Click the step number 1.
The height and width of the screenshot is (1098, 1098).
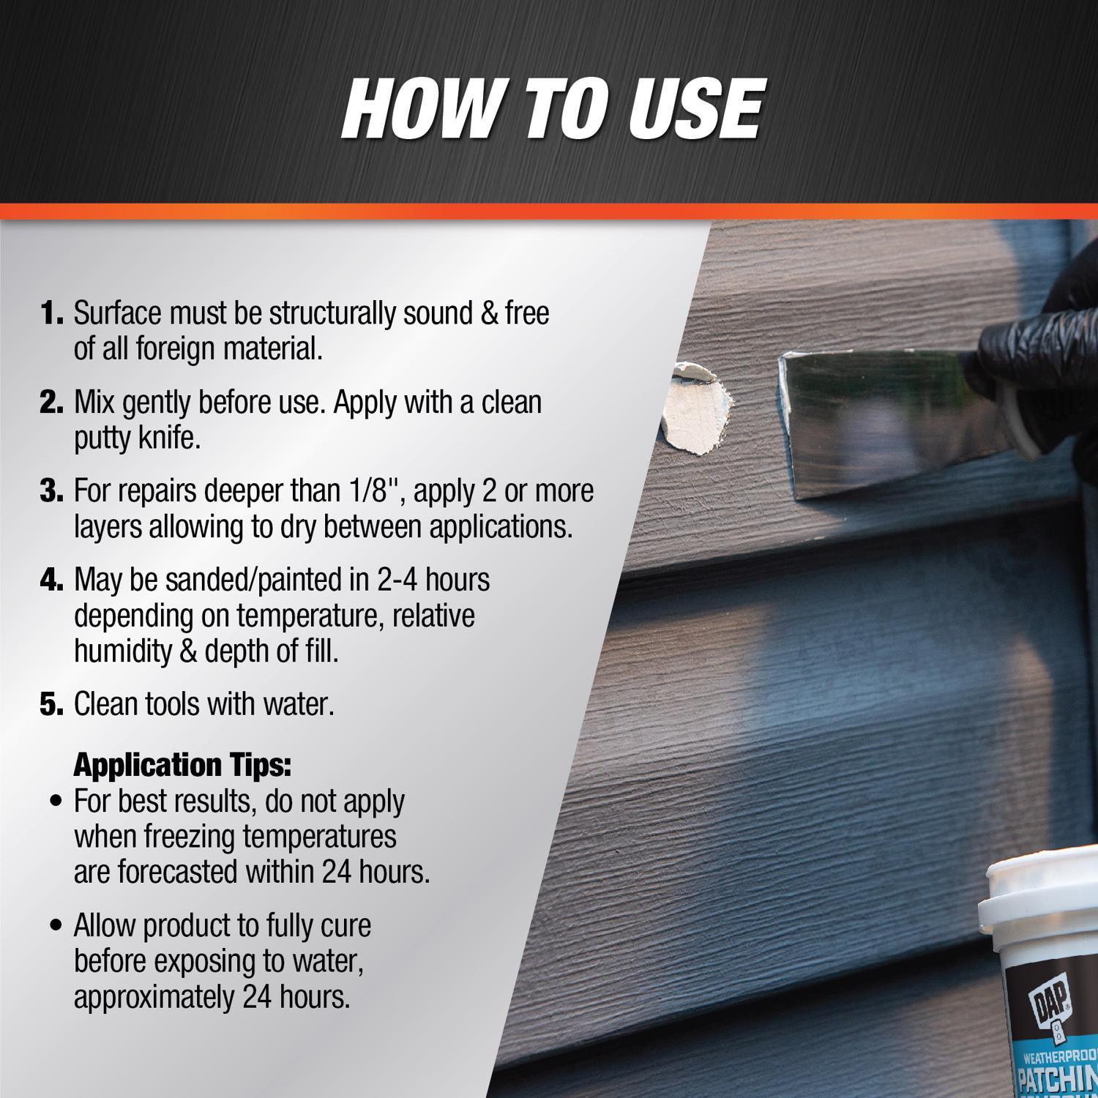(51, 314)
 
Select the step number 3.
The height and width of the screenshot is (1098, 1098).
(51, 491)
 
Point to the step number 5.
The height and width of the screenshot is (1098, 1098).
(51, 705)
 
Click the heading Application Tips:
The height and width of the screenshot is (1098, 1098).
(182, 765)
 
